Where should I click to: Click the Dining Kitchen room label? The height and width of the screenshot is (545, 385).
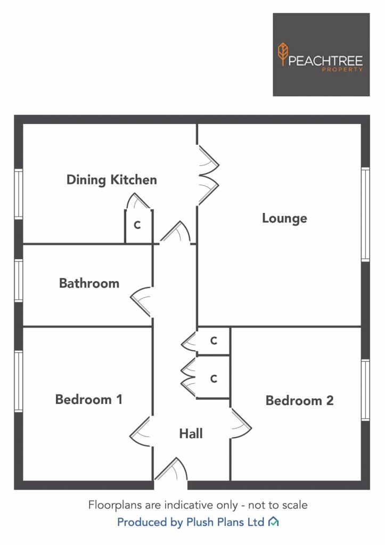tap(112, 180)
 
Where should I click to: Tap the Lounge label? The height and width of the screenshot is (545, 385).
tap(284, 219)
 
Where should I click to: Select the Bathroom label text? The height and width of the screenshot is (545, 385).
tap(89, 283)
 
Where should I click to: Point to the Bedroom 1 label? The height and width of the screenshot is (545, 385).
tap(89, 399)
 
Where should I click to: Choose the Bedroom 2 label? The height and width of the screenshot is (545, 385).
tap(299, 400)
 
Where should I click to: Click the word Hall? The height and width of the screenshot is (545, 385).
tap(191, 433)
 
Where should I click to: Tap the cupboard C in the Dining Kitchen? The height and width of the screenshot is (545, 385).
tap(137, 225)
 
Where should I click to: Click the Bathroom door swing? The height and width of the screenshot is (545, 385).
tap(142, 302)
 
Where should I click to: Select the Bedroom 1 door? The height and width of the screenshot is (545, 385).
tap(141, 431)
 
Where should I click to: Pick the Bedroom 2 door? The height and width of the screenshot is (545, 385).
tap(241, 424)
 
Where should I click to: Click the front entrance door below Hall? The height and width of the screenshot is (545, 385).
tap(171, 469)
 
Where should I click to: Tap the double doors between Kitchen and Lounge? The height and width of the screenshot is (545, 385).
tap(208, 175)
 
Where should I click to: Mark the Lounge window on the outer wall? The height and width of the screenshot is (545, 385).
tap(365, 214)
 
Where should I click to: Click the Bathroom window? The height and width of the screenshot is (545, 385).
tap(19, 280)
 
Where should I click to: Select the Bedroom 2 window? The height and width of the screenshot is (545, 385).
tap(365, 390)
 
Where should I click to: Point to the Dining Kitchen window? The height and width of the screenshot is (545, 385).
tap(19, 194)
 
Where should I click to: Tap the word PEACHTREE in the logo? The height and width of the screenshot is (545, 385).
tap(325, 61)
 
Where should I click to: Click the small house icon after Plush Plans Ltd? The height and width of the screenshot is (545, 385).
tap(274, 522)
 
